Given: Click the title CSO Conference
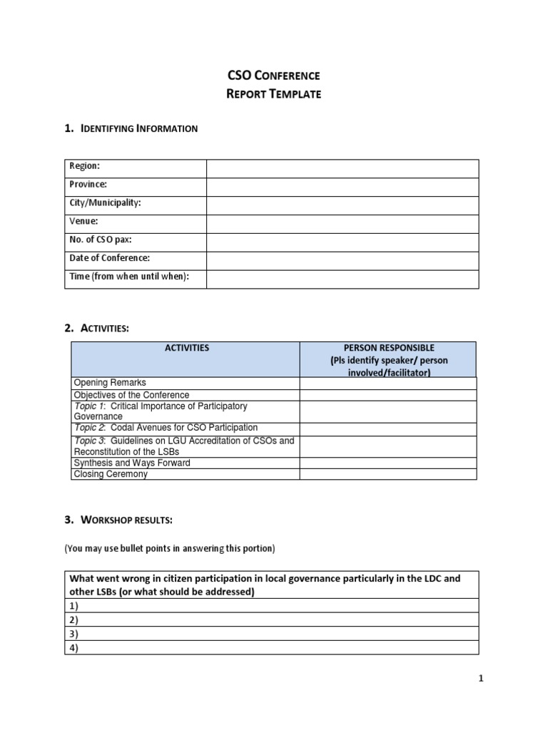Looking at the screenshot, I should pyautogui.click(x=273, y=75).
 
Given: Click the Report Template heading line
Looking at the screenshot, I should pyautogui.click(x=273, y=93).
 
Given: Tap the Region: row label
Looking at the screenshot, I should pyautogui.click(x=84, y=165).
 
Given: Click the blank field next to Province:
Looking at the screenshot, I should pyautogui.click(x=342, y=187).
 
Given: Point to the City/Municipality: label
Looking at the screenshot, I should pyautogui.click(x=105, y=202).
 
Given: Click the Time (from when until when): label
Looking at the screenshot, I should pyautogui.click(x=129, y=277).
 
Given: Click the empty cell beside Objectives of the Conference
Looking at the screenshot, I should pyautogui.click(x=387, y=395).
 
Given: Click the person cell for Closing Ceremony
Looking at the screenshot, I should pyautogui.click(x=387, y=474).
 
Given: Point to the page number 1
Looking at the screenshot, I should pyautogui.click(x=481, y=679).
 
